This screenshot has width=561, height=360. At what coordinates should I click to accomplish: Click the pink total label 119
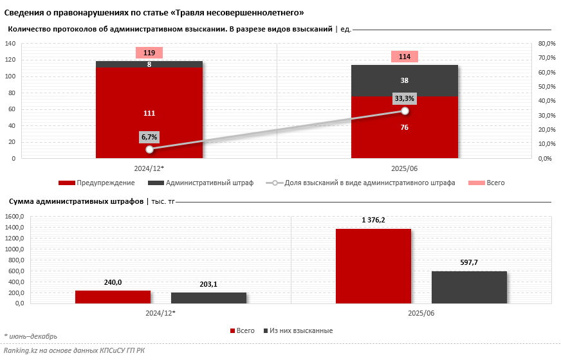149,53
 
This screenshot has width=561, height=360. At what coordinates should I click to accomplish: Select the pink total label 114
405,57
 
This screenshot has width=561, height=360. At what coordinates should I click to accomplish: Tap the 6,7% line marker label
149,137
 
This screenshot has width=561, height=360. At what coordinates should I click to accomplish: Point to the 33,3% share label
405,98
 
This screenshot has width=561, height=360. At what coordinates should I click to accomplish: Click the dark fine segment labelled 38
405,80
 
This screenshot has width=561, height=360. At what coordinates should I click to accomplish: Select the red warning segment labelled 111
149,113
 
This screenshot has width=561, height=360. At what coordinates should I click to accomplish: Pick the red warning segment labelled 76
405,127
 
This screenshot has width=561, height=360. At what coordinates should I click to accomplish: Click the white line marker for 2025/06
405,111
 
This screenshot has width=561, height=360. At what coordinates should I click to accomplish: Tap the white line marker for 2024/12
149,149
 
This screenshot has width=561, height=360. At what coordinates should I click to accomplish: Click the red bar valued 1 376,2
373,265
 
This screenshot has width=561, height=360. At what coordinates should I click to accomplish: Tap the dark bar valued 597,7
469,287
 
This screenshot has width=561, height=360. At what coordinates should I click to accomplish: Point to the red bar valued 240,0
113,296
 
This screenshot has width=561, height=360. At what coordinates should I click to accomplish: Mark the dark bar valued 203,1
208,298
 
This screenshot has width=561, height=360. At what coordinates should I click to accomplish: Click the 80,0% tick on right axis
546,44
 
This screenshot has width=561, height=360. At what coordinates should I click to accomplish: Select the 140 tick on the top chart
10,44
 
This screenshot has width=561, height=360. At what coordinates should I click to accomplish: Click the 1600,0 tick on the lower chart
14,217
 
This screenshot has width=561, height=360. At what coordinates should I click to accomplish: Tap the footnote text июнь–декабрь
33,336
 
